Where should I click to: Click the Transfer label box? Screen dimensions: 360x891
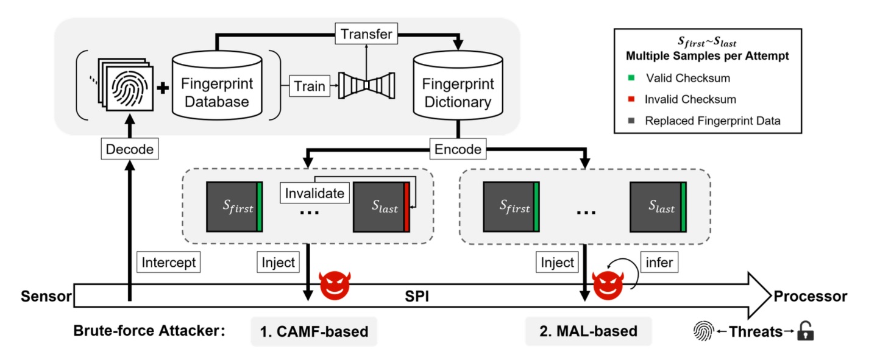point(366,34)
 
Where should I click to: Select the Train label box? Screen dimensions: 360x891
point(310,86)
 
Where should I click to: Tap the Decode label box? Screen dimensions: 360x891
point(130,149)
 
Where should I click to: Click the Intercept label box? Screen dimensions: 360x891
point(169,263)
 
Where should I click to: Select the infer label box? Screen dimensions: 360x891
point(661,263)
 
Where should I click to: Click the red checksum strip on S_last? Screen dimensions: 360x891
point(406,206)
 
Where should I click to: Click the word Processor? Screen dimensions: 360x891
point(810,297)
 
